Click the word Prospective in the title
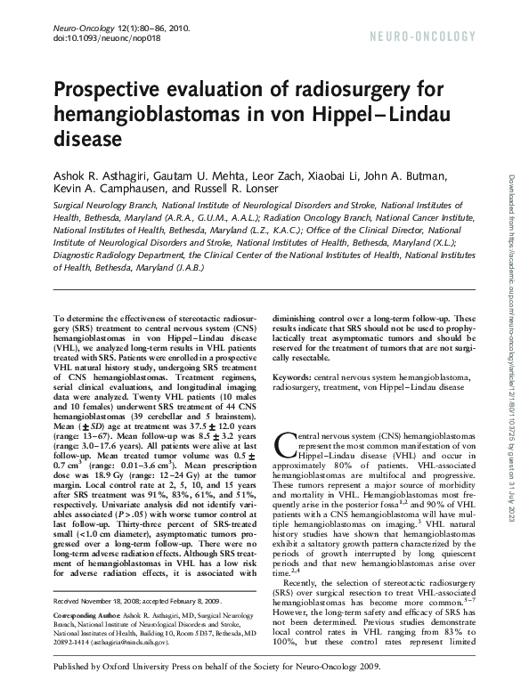[x=108, y=91]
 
